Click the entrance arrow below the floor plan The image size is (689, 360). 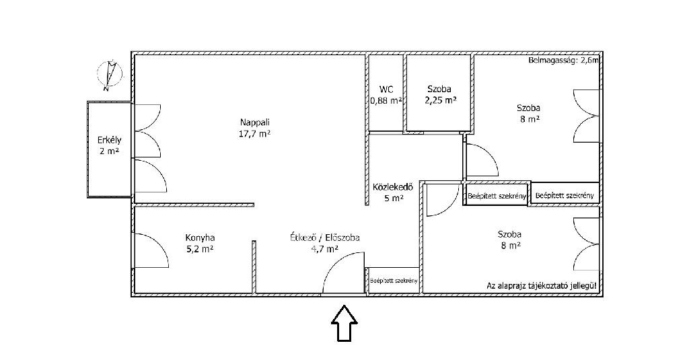click(x=344, y=324)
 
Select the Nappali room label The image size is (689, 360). click(x=254, y=122)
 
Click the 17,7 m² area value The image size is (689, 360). click(x=254, y=134)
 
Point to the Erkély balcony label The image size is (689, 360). click(x=110, y=140)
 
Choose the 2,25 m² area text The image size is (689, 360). click(x=441, y=100)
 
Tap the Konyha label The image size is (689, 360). click(x=200, y=238)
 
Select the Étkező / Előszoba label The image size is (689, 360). click(x=325, y=238)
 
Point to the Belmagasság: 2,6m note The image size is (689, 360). click(x=563, y=61)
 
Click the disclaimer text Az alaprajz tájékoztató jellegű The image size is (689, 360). click(x=542, y=286)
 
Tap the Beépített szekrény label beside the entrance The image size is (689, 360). click(x=394, y=281)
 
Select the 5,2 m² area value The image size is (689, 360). click(x=200, y=249)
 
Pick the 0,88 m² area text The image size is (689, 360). click(x=386, y=101)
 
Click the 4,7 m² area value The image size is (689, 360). click(x=324, y=249)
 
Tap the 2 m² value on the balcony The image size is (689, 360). click(x=110, y=151)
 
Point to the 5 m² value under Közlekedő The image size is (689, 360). click(x=394, y=199)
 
